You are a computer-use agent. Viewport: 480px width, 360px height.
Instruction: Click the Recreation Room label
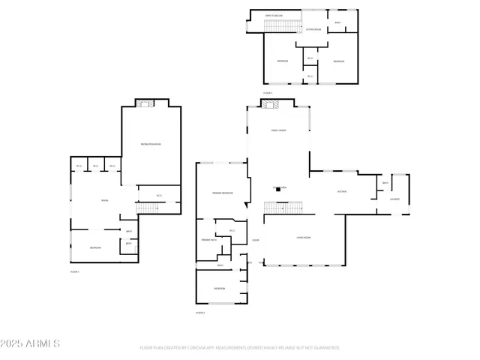151,144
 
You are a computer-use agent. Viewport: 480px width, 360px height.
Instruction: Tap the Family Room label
279,130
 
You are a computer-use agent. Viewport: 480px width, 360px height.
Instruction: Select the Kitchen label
340,192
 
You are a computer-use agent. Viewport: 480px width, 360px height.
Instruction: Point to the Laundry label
394,199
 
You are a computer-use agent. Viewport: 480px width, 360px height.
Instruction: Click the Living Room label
304,238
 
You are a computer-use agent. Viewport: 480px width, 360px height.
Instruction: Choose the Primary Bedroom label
223,193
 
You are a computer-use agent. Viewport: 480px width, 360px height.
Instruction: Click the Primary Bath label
208,240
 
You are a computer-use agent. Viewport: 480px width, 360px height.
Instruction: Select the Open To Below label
274,15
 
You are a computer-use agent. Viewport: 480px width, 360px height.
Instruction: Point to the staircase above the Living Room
283,208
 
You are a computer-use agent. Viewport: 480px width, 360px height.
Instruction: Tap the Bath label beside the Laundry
385,183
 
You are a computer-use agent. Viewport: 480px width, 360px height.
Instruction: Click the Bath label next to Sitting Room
337,22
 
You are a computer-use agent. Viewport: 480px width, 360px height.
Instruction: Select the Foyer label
256,240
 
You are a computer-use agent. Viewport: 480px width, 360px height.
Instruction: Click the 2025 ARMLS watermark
30,343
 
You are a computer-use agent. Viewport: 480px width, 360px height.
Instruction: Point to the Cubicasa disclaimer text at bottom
239,348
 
